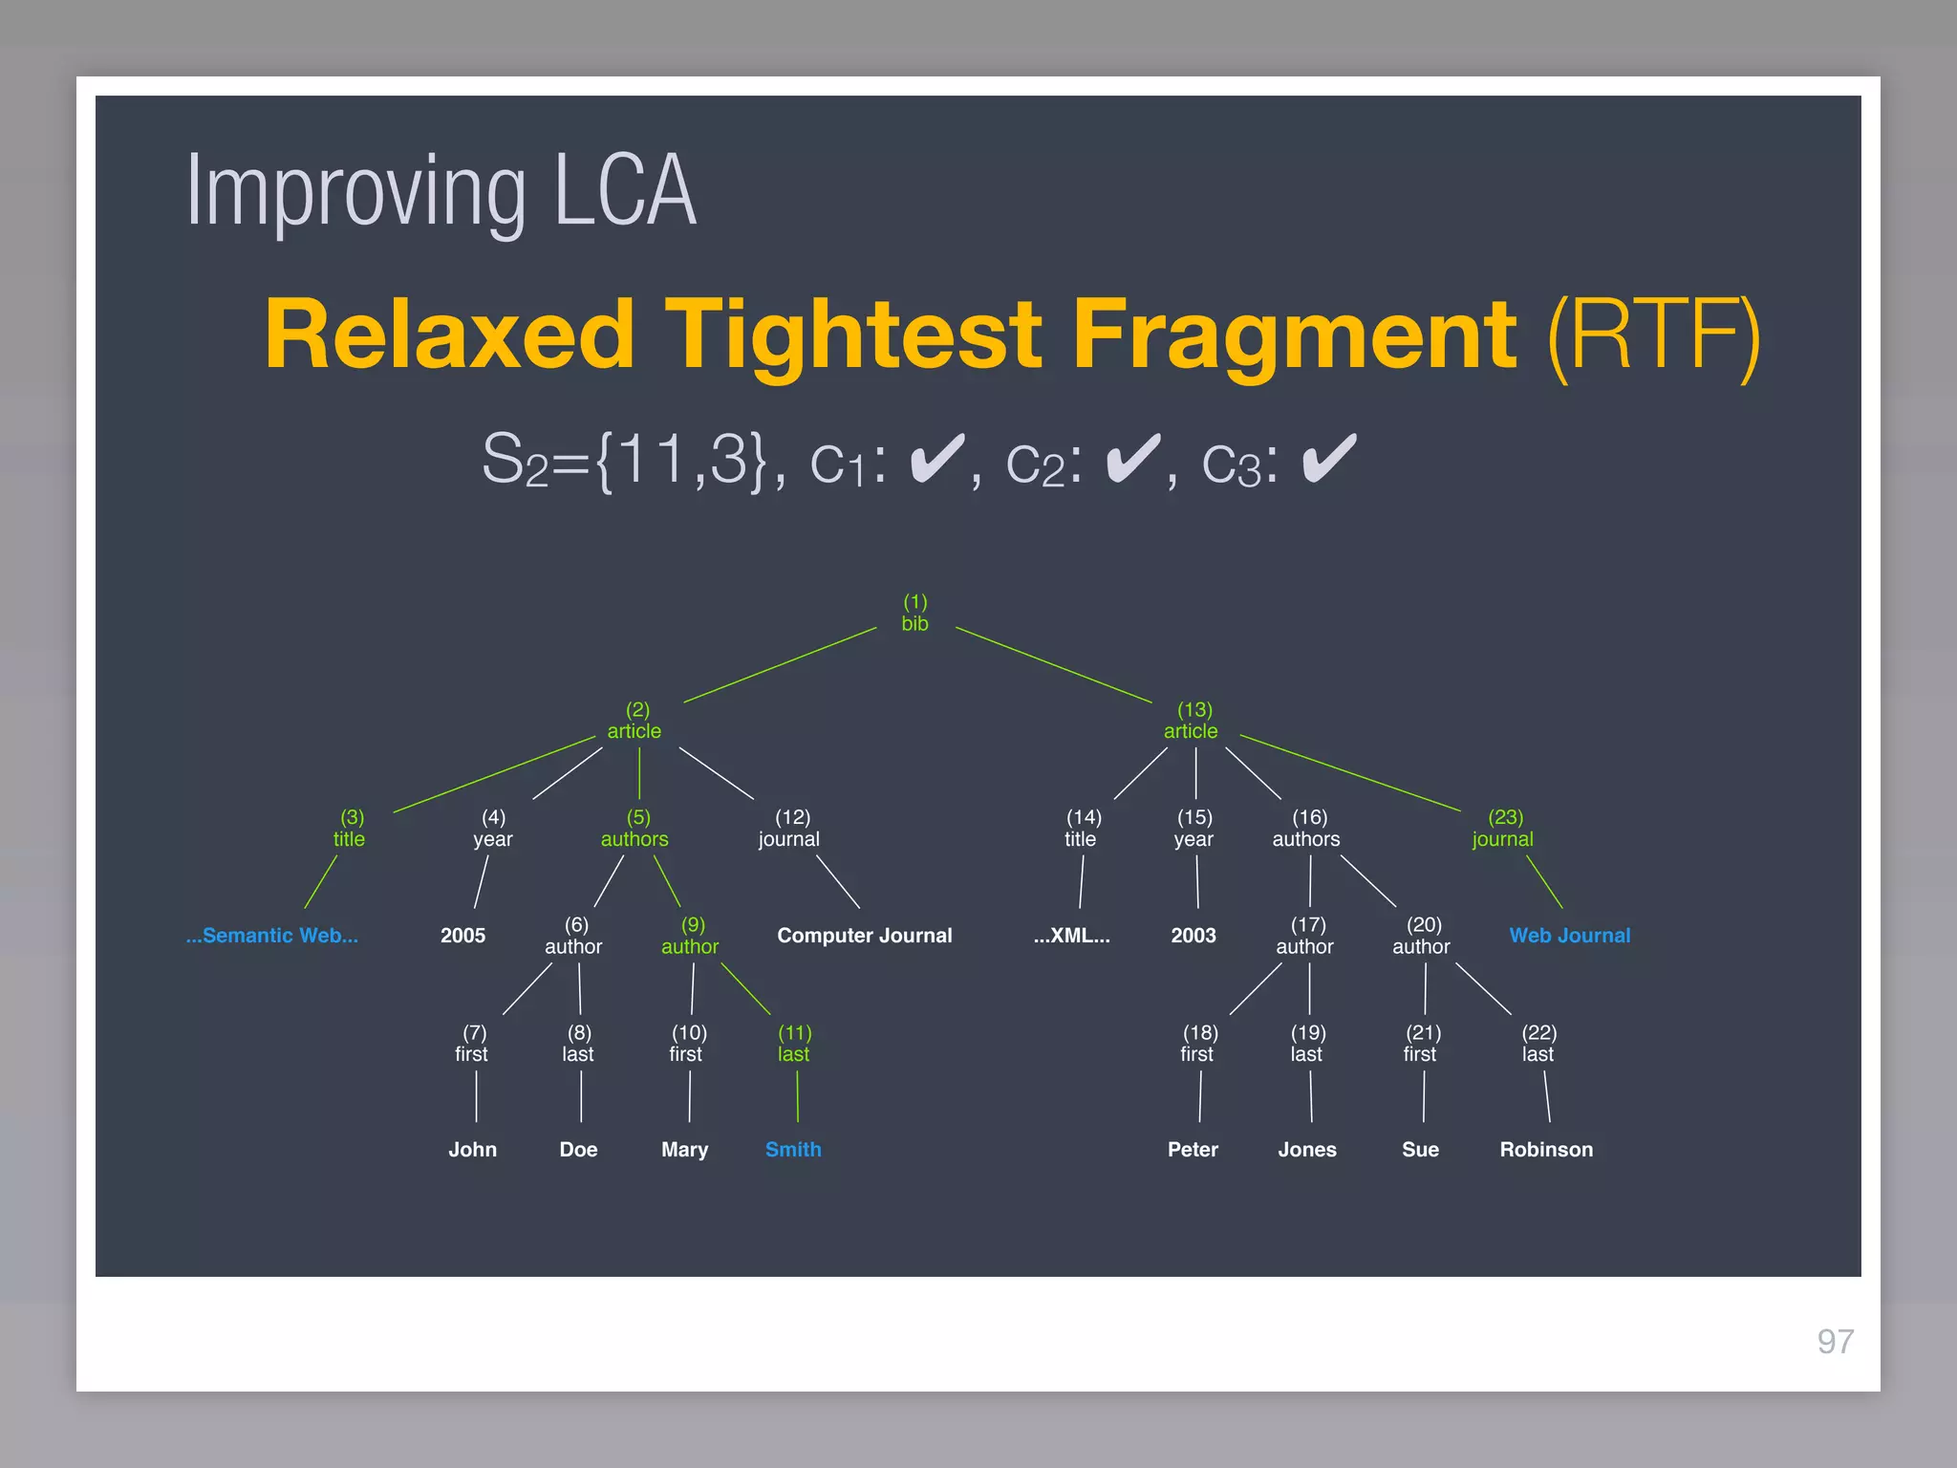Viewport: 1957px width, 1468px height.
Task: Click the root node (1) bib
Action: [x=914, y=614]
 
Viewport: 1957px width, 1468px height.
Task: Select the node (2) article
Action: [x=634, y=722]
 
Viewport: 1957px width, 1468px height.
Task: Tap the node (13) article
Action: [x=1191, y=722]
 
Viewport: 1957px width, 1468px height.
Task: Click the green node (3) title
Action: [x=350, y=829]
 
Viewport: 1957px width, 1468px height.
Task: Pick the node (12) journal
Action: [x=789, y=829]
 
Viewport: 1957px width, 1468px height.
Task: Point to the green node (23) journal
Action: [x=1503, y=829]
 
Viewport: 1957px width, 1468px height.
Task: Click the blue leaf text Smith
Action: [x=793, y=1150]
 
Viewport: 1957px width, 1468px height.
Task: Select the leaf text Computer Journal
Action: [x=864, y=936]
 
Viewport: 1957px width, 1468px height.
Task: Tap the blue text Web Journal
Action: [x=1569, y=936]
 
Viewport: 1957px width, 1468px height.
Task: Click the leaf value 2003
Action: [x=1194, y=936]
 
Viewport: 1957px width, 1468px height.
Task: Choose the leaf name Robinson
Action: [x=1546, y=1150]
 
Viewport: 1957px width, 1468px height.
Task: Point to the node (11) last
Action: [x=794, y=1044]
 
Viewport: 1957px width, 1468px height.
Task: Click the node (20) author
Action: [x=1422, y=937]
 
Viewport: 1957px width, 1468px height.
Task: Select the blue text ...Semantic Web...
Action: [x=272, y=936]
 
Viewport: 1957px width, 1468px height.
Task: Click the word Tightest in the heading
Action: [x=852, y=335]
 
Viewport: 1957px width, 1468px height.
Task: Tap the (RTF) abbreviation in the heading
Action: [x=1652, y=335]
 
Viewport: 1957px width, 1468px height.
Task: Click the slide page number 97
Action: [x=1835, y=1342]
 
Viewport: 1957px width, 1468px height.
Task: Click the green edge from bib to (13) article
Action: [x=1053, y=665]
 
